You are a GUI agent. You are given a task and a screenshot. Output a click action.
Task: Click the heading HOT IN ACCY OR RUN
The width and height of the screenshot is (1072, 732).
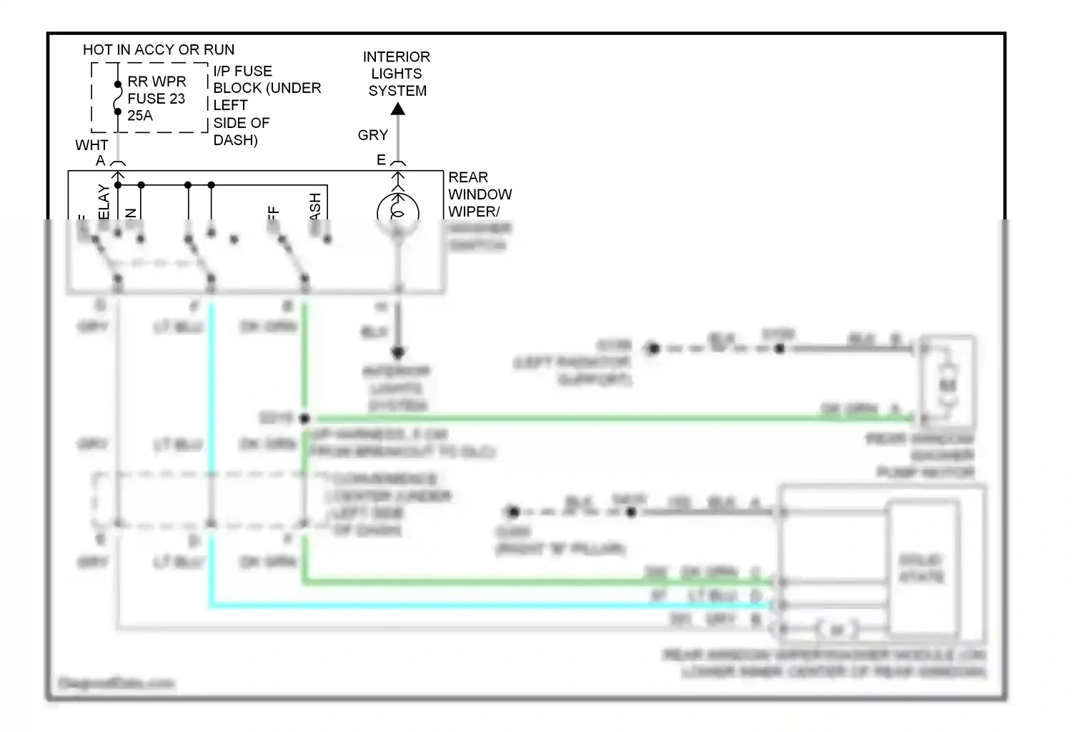point(159,50)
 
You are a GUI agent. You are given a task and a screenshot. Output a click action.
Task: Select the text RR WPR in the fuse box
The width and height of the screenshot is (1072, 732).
point(157,81)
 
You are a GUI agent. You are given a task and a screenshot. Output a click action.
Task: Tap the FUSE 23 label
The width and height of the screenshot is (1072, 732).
point(156,99)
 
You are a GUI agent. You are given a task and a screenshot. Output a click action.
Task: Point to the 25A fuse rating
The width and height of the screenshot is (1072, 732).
point(140,116)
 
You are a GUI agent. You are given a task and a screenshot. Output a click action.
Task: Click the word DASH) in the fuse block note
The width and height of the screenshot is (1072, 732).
point(235,140)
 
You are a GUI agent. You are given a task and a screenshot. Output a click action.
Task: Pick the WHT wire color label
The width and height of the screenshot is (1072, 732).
point(91,145)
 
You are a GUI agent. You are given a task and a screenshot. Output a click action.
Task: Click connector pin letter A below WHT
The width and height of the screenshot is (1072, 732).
point(101,162)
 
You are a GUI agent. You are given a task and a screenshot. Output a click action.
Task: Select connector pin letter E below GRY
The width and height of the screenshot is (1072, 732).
point(382,160)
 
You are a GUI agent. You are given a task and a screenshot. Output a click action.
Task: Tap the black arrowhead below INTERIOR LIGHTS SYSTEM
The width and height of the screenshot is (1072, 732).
point(398,109)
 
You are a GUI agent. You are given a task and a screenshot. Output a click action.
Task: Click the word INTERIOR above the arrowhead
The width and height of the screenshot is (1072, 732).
point(396,57)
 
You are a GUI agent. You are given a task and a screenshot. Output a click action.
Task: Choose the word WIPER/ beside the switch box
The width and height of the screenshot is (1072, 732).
point(473,212)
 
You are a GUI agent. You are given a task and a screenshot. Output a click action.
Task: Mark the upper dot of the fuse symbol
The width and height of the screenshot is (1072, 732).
point(118,84)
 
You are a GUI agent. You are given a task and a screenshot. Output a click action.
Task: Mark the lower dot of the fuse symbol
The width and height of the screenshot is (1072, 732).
point(118,112)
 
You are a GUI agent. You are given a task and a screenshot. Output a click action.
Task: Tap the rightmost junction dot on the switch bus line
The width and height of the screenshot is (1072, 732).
point(211,185)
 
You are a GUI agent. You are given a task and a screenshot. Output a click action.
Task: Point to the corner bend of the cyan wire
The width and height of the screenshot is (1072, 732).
point(212,606)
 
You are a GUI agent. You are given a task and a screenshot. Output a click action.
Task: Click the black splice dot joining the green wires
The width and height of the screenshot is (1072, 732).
point(305,418)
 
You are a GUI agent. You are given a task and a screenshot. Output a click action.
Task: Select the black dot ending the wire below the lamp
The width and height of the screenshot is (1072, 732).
point(398,352)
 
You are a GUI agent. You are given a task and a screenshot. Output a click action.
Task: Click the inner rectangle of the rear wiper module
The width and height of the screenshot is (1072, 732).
point(922,568)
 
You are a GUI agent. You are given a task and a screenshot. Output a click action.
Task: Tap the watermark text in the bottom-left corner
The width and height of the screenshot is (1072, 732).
point(116,683)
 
